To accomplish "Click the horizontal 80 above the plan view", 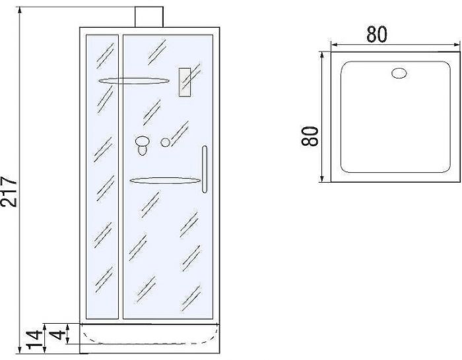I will (x=377, y=34).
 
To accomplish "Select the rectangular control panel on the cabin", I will (x=185, y=83).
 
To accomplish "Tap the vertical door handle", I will (x=205, y=169).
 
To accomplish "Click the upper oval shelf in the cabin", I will (x=133, y=80).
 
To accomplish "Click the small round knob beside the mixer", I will (x=166, y=142).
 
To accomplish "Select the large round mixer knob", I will (x=142, y=140).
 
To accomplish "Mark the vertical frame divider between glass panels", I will (x=121, y=178).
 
